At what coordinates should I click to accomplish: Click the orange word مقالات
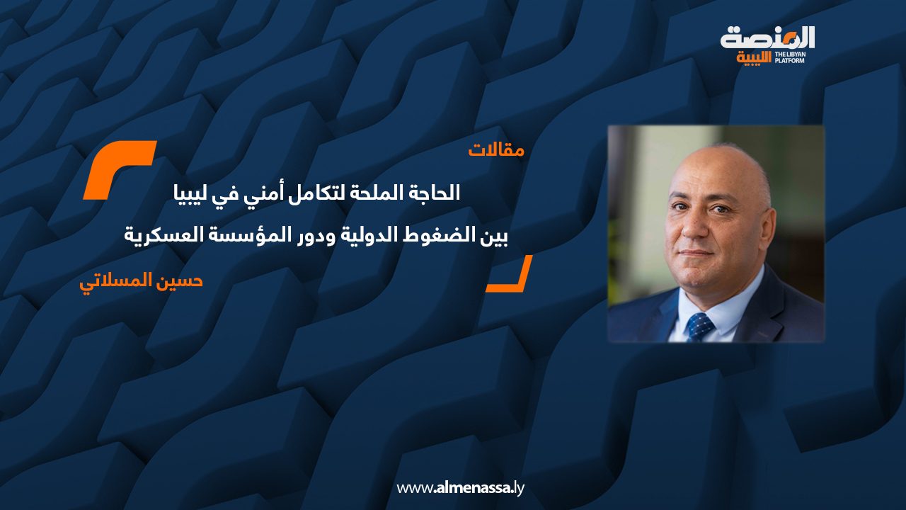tap(496, 150)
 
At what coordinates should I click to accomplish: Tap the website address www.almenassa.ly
tap(460, 488)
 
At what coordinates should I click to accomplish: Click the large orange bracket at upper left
tap(120, 170)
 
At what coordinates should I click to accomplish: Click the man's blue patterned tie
tap(699, 327)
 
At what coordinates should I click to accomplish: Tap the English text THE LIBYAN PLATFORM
tap(789, 57)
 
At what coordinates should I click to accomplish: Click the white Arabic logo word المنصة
tap(767, 38)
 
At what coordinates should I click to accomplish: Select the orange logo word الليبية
tap(754, 58)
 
